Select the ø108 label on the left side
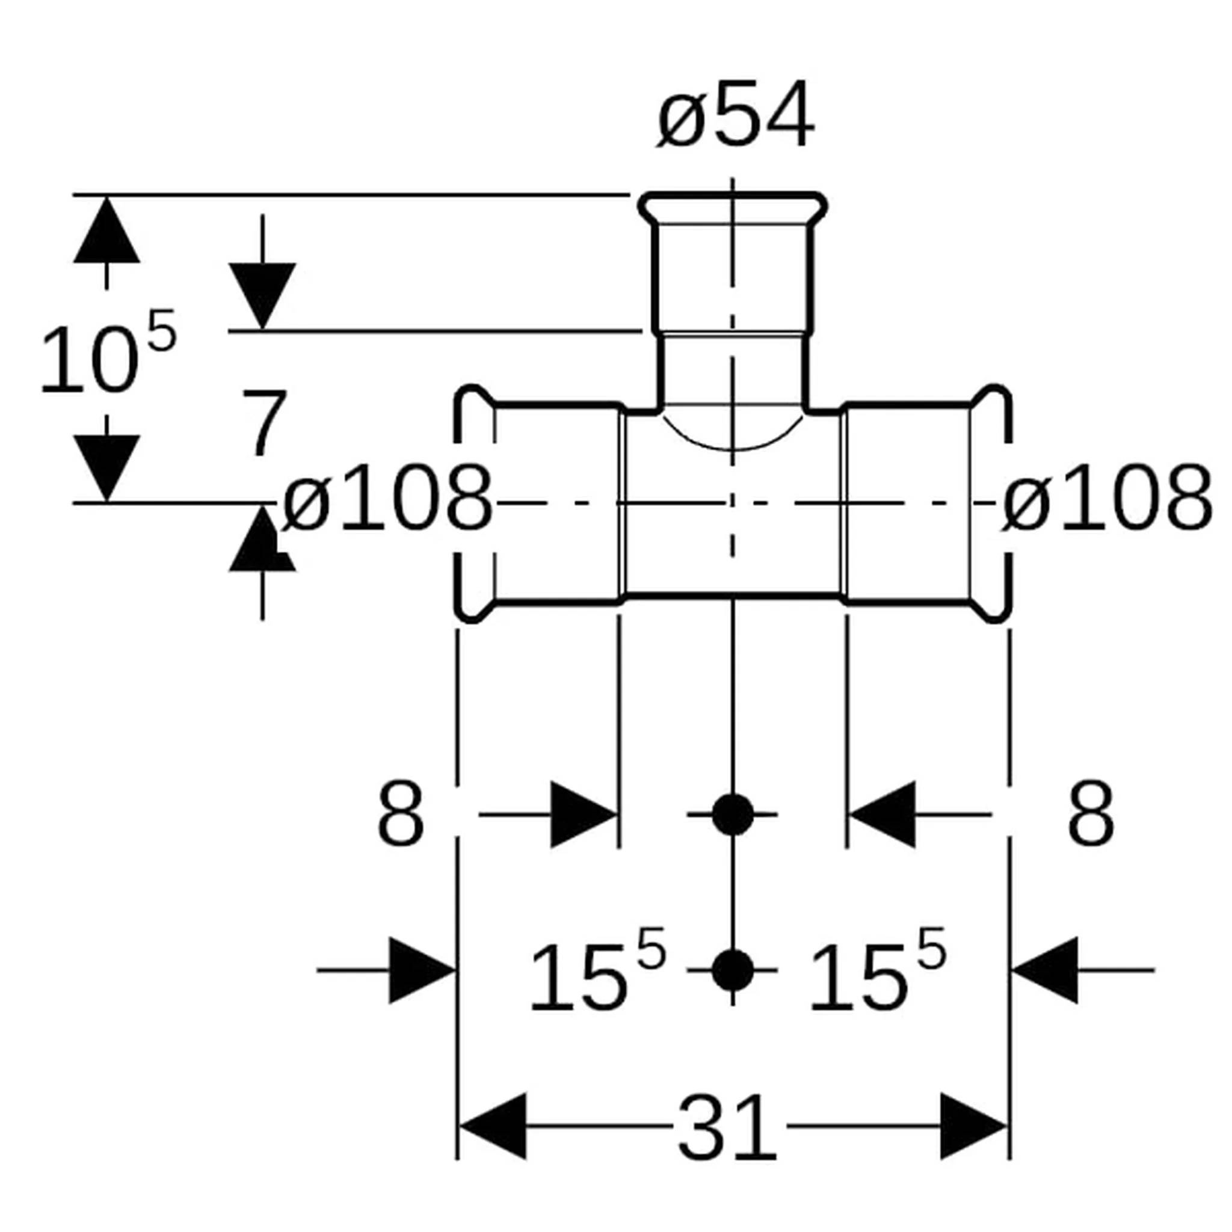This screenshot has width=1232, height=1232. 387,498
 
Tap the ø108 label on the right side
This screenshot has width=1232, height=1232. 1106,498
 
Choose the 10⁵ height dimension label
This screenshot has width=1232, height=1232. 107,352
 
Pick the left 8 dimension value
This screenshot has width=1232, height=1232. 401,815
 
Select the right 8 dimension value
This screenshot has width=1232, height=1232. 1091,815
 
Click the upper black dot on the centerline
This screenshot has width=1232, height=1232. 733,815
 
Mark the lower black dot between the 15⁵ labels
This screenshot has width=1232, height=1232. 733,970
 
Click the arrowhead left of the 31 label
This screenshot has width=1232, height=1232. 492,1127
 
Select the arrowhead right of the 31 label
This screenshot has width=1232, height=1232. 975,1127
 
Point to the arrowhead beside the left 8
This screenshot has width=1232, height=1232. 584,815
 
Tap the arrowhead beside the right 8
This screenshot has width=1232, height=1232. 882,815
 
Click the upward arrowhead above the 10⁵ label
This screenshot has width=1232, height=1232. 106,230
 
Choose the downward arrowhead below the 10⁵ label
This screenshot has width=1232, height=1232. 106,469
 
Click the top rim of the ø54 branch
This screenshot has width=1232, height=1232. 733,195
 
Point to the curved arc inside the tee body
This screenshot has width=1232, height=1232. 733,448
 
